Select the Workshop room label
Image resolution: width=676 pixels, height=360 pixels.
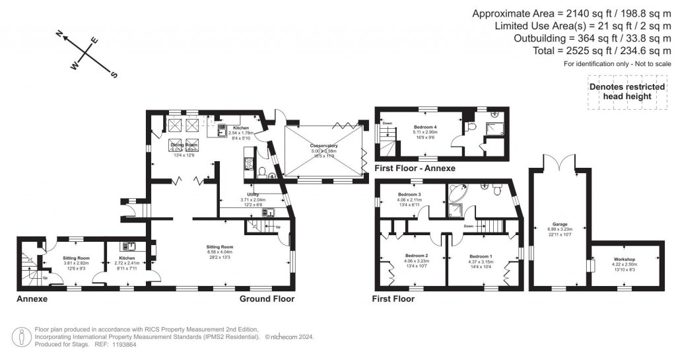(624, 260)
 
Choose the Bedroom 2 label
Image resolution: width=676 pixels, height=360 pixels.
(417, 256)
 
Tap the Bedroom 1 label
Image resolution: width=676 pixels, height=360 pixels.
(480, 256)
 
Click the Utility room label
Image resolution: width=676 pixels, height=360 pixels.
(249, 196)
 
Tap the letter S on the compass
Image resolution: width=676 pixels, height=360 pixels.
(114, 75)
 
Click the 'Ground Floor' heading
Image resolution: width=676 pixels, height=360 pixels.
(267, 299)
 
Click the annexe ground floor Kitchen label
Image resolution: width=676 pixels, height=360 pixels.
(127, 258)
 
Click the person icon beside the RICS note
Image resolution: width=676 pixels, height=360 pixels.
(22, 336)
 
